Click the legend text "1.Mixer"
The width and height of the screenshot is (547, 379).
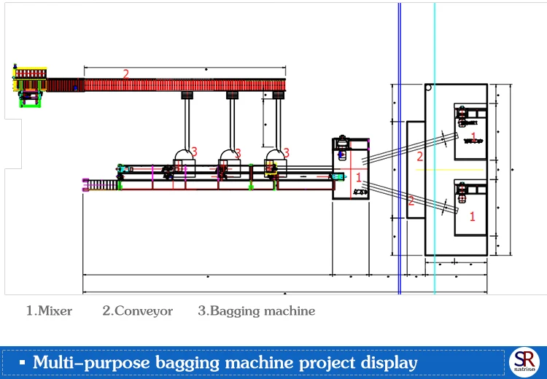(x=49, y=310)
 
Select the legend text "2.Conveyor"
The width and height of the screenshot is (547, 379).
(x=137, y=311)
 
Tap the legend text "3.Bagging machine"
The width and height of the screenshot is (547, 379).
(x=257, y=311)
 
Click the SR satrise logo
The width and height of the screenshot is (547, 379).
(x=524, y=362)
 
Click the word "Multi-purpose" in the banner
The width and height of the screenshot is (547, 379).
(x=91, y=363)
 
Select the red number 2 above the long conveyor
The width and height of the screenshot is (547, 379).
(x=125, y=74)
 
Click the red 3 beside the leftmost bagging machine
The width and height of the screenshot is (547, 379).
(x=194, y=152)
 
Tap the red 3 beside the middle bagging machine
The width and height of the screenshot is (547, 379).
(x=238, y=153)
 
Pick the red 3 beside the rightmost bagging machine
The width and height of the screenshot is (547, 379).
(x=287, y=153)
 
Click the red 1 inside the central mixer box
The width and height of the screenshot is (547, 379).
(x=359, y=177)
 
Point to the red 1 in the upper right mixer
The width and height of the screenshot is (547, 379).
(x=473, y=137)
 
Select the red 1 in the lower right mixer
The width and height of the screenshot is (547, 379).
(x=473, y=216)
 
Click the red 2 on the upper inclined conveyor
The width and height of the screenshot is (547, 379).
(x=420, y=157)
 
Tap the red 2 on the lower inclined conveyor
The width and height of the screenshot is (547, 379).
(x=411, y=201)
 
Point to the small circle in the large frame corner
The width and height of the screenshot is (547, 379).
(x=428, y=87)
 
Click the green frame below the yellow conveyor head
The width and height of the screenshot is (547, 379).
(x=30, y=101)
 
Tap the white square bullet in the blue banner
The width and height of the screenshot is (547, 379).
(x=23, y=363)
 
